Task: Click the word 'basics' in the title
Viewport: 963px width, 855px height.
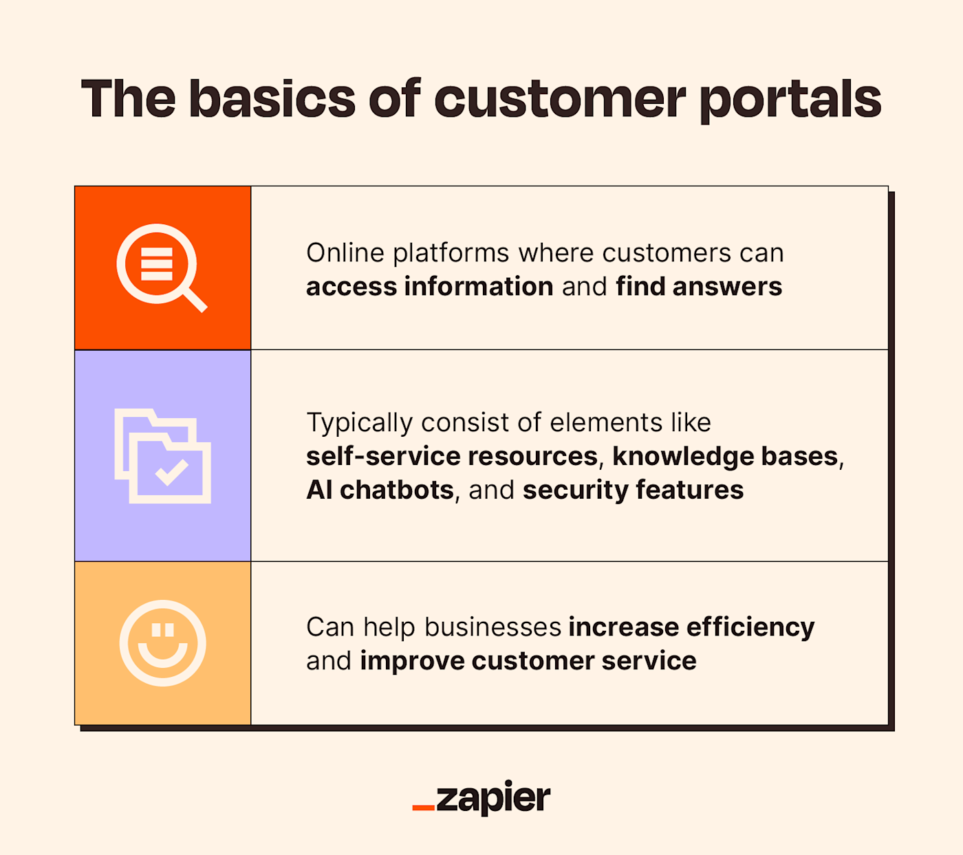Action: (272, 99)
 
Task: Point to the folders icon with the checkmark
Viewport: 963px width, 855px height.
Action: (163, 456)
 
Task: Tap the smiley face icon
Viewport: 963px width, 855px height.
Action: (163, 643)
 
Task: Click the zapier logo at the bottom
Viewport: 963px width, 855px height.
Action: (481, 798)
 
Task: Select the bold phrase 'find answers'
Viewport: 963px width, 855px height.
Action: (699, 286)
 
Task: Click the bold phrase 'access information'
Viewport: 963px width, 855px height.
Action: (429, 286)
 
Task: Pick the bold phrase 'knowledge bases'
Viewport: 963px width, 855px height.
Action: (725, 456)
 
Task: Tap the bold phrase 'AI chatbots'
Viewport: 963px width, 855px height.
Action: (380, 490)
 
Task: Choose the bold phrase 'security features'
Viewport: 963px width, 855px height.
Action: (633, 490)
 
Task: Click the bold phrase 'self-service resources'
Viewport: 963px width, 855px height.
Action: (452, 456)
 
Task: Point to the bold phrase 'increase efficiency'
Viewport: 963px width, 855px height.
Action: (691, 627)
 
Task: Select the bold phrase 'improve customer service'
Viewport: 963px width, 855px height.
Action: (528, 660)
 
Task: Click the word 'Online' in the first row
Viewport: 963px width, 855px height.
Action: (345, 252)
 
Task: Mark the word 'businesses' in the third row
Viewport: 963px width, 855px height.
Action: (493, 627)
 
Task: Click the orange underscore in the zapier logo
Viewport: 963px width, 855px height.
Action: (423, 807)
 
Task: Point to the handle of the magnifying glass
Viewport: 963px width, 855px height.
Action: (195, 301)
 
